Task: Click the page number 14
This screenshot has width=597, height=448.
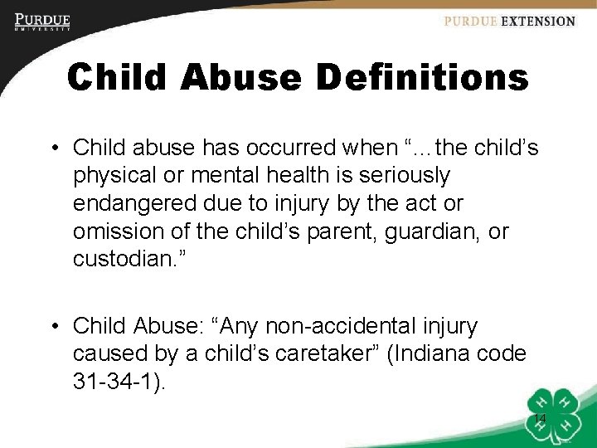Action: coord(539,418)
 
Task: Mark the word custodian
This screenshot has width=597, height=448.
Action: coord(122,259)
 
